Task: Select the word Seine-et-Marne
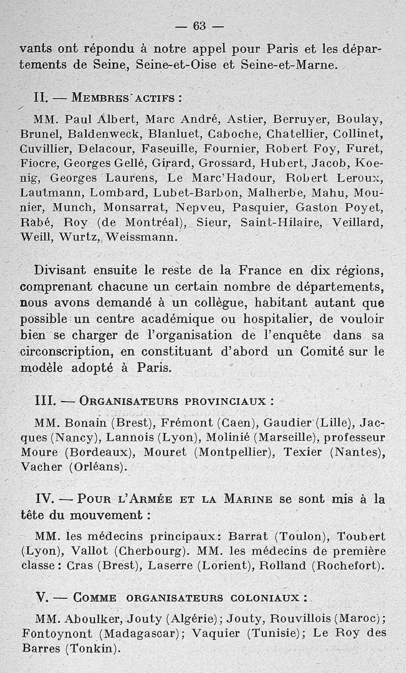pyautogui.click(x=288, y=65)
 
